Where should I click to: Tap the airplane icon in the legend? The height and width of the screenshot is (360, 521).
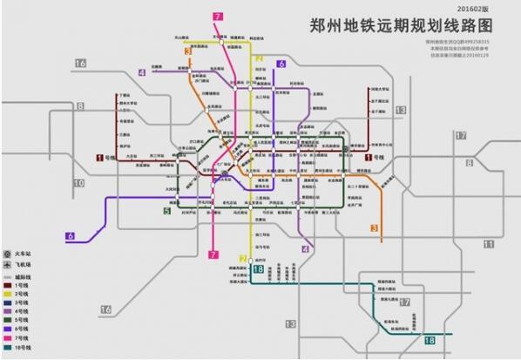point(7,264)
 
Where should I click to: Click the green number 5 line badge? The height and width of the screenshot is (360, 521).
point(166,210)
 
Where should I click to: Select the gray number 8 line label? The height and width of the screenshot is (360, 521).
point(80,106)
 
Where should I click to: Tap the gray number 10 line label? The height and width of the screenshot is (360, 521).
point(79,183)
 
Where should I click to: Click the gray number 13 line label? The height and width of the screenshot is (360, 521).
point(401,109)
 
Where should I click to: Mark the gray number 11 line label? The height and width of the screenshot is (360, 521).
point(489,243)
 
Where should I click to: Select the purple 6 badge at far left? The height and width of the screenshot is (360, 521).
point(70,235)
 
